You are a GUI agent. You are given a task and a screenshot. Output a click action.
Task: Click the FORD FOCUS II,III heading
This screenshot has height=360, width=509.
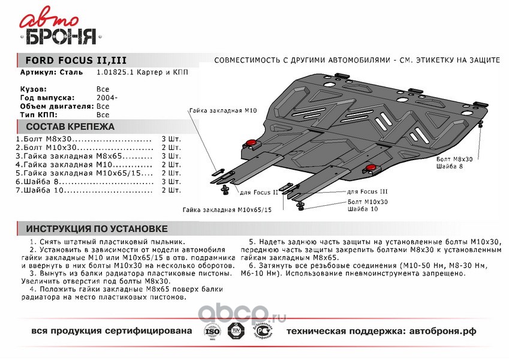click(x=76, y=61)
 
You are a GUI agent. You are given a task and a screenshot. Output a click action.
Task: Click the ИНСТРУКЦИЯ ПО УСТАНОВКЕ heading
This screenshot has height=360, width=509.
click(x=97, y=229)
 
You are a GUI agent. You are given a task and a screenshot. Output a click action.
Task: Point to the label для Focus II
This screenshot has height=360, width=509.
click(x=259, y=192)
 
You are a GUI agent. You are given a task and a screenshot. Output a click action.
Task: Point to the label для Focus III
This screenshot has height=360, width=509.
click(x=368, y=191)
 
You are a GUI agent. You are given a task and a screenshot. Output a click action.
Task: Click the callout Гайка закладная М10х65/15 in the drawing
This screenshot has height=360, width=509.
click(x=228, y=210)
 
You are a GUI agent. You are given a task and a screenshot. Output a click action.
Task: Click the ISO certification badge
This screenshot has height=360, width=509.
click(x=211, y=331)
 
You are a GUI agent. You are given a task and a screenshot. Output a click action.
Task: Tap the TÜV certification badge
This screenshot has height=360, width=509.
click(x=234, y=331)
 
